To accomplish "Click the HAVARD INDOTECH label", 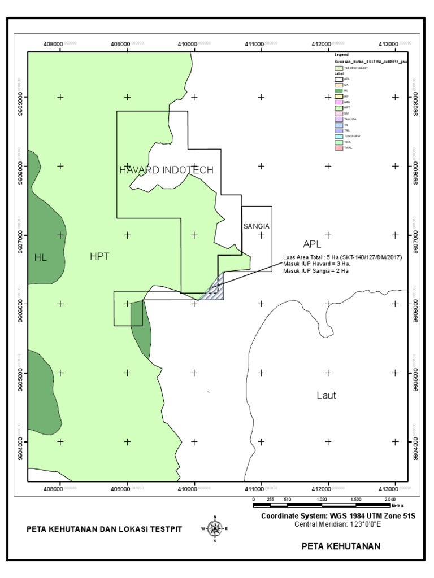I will [166, 170].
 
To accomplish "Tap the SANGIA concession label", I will [257, 226].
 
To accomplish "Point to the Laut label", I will [326, 396].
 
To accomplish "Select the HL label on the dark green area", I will [40, 258].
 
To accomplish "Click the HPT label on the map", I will [99, 256].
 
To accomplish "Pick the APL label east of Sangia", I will [312, 244].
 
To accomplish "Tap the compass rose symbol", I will [214, 529].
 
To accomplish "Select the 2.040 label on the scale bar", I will [390, 500].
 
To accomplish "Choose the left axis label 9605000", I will [21, 373].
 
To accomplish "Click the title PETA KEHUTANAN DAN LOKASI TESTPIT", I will [105, 529].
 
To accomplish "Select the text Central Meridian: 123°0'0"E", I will [337, 524].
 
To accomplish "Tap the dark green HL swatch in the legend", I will [338, 90].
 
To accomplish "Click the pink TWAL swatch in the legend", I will [338, 148].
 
